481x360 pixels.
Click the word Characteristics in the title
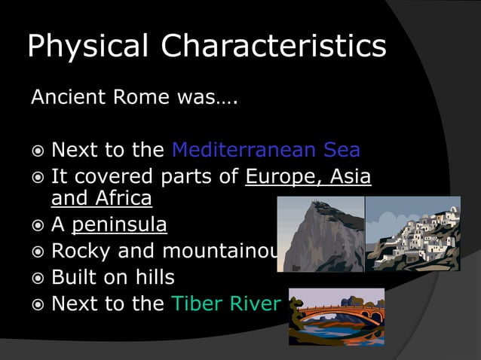(274, 47)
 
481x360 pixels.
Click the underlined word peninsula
(119, 225)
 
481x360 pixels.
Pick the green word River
(256, 304)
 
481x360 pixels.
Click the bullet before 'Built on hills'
(37, 278)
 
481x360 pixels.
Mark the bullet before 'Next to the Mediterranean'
(37, 151)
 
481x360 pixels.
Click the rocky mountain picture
(320, 234)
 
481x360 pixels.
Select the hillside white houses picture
(412, 234)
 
